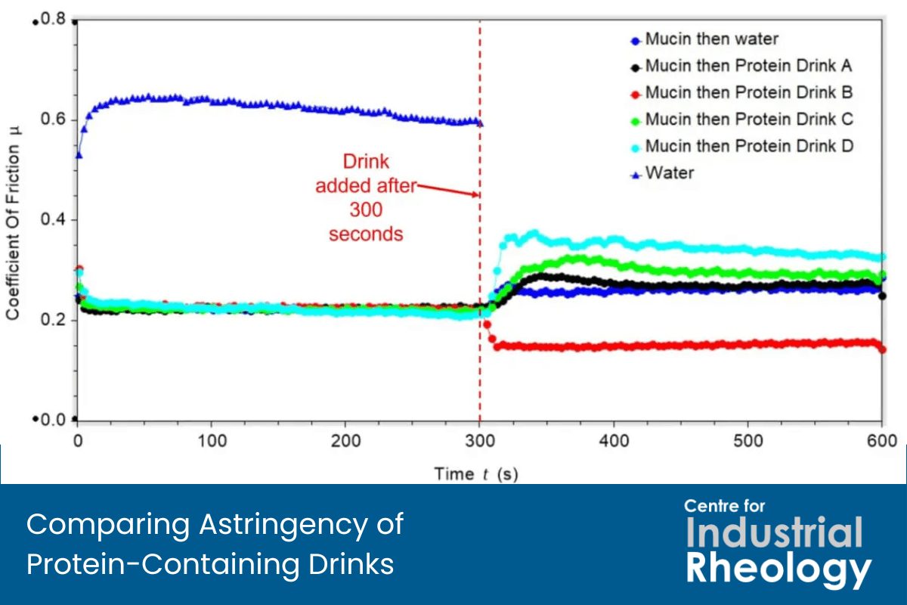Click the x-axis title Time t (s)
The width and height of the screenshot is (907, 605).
(476, 474)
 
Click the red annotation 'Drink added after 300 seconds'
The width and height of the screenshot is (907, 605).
(365, 197)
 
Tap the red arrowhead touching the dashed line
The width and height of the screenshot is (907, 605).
(475, 195)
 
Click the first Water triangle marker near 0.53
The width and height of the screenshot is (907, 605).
(79, 155)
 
